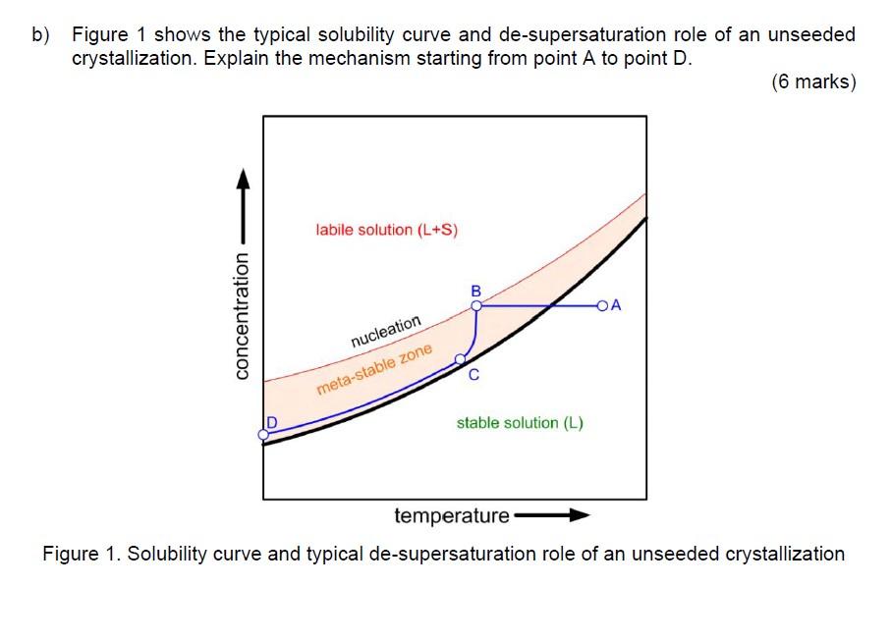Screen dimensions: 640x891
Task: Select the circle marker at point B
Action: click(476, 306)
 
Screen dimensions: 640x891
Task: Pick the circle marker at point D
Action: click(263, 433)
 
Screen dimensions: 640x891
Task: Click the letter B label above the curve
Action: click(476, 292)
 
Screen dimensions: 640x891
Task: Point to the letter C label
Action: click(473, 375)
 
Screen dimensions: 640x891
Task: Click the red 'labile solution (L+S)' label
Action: click(387, 230)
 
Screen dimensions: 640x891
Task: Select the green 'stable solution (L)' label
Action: click(520, 423)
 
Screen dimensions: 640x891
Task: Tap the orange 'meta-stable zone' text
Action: click(374, 370)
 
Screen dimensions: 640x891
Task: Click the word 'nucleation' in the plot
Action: click(386, 332)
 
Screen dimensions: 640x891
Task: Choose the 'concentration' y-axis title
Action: click(242, 314)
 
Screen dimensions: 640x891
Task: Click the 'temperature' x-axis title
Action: click(452, 515)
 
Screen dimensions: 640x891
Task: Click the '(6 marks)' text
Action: click(813, 82)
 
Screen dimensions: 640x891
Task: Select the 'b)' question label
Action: click(40, 35)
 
